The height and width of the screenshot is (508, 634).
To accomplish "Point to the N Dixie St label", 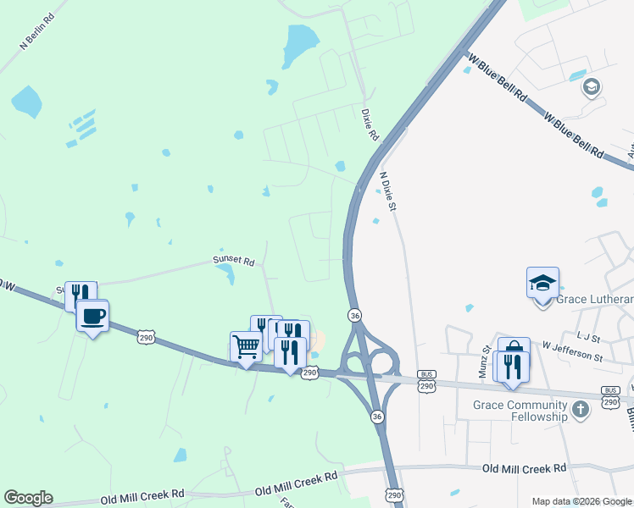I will pyautogui.click(x=388, y=191).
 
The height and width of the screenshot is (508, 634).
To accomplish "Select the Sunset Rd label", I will pyautogui.click(x=233, y=262).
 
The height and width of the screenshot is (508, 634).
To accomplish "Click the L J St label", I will pyautogui.click(x=587, y=337).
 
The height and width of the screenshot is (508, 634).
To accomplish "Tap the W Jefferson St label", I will pyautogui.click(x=572, y=351).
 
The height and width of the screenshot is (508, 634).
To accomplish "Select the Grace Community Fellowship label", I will pyautogui.click(x=520, y=411).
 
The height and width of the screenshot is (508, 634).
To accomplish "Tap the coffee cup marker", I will pyautogui.click(x=92, y=317).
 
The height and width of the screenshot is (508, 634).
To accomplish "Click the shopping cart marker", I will pyautogui.click(x=246, y=345).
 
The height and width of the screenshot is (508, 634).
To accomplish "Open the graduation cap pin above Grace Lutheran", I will pyautogui.click(x=542, y=283).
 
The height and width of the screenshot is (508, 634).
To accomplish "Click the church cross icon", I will pyautogui.click(x=580, y=411).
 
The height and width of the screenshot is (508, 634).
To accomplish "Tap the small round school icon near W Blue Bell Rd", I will pyautogui.click(x=591, y=86).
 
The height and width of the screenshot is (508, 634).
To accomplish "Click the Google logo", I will pyautogui.click(x=28, y=498).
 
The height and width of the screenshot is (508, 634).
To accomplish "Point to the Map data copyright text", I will pyautogui.click(x=581, y=501).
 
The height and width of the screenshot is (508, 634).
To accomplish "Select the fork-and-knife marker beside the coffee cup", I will pyautogui.click(x=81, y=296).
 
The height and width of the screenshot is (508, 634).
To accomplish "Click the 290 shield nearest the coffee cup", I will pyautogui.click(x=147, y=338).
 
